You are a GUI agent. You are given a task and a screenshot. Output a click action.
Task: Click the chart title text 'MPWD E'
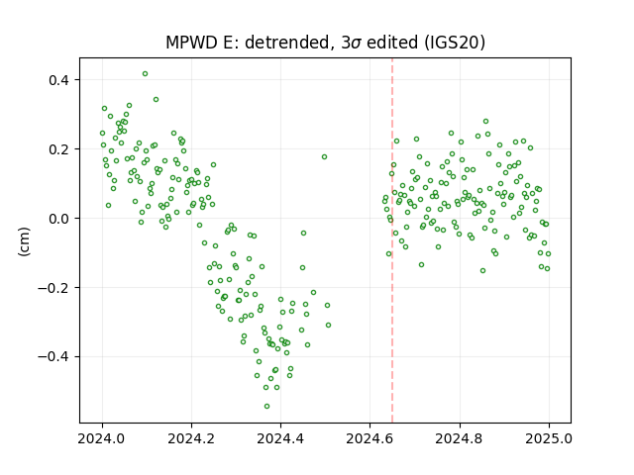point(197,43)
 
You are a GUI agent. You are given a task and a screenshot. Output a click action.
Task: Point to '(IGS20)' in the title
point(455,43)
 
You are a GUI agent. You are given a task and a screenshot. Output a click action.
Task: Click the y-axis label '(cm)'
point(24,241)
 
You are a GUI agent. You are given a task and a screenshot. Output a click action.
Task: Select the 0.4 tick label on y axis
point(58,80)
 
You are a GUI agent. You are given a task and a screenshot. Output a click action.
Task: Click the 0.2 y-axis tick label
point(58,149)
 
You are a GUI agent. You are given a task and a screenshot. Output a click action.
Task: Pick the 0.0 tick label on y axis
point(58,219)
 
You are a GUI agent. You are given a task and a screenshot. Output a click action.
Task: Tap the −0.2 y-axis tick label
point(53,288)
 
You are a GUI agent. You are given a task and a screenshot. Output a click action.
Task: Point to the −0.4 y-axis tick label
point(53,357)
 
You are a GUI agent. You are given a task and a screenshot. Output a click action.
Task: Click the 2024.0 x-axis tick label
point(102,438)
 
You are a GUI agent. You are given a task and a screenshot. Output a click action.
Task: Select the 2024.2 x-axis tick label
point(191,438)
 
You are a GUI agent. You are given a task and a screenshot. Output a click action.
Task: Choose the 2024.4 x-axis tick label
point(280,438)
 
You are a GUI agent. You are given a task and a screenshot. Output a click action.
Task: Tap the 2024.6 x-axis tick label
point(370,438)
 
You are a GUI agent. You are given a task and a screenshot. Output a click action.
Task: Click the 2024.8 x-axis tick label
point(459,438)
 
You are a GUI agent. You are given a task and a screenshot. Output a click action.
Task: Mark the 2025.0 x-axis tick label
point(549,438)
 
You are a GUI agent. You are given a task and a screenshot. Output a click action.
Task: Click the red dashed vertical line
point(392,240)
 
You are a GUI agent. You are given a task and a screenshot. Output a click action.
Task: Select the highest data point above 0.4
point(146,73)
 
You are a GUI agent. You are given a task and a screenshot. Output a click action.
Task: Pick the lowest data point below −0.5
point(266,406)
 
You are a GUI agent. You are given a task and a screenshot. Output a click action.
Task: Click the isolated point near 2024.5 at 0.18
point(324,156)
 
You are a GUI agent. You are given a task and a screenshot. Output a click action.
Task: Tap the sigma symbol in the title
point(357,44)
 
